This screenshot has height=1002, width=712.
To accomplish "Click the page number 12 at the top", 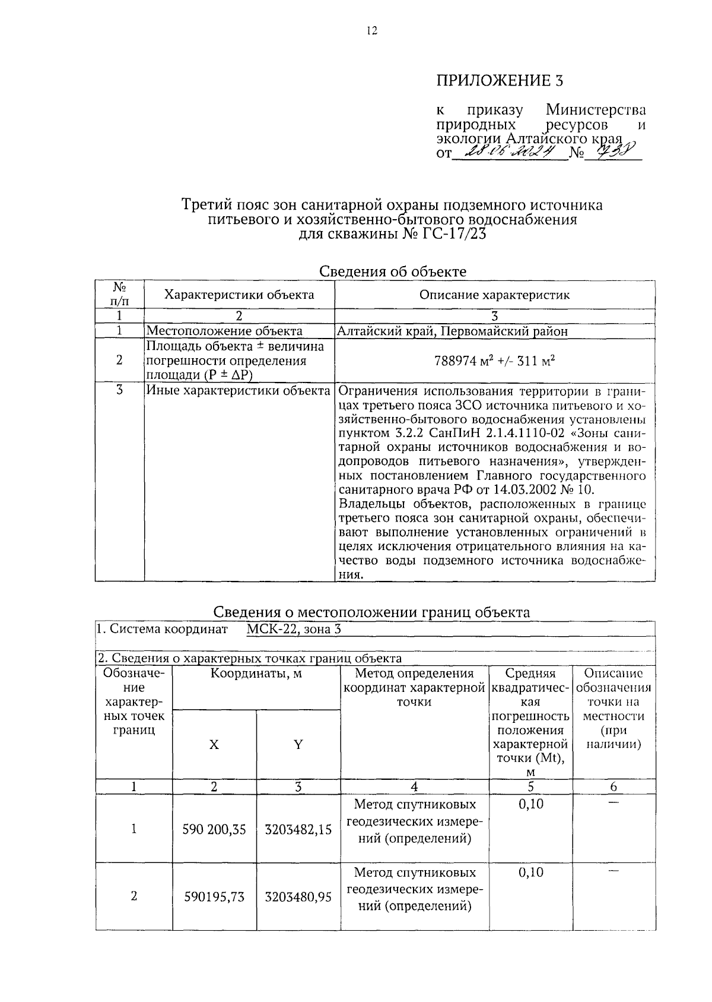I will tap(372, 31).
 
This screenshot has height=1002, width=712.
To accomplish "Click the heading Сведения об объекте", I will tap(393, 271).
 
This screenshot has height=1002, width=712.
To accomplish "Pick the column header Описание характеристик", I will tap(494, 295).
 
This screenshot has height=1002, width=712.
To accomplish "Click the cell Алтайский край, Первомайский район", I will tap(452, 331).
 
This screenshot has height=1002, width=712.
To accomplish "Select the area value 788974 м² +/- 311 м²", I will tap(494, 361).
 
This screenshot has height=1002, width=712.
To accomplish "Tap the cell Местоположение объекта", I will tap(224, 331).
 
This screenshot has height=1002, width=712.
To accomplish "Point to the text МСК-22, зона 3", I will tap(294, 629).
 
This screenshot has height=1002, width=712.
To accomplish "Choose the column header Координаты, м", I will tap(256, 673).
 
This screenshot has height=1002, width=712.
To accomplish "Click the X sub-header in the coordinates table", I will tap(214, 744).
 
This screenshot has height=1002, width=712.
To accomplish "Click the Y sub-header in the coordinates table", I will tap(298, 744).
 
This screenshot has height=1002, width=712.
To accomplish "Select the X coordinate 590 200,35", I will tap(214, 829).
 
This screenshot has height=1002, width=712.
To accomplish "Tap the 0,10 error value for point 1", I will tap(530, 804).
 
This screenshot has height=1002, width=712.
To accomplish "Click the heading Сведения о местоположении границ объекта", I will tap(371, 612).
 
